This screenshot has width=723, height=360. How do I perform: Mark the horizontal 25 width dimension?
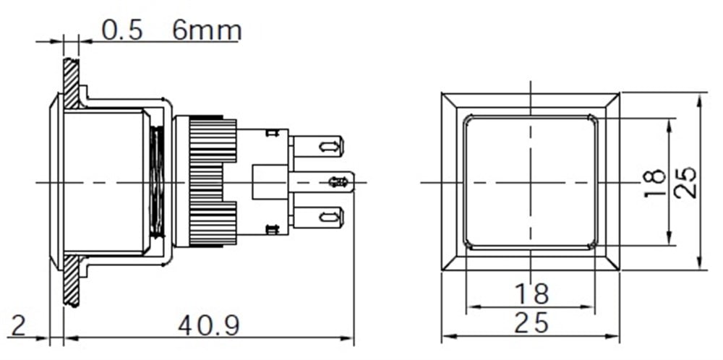pyautogui.click(x=531, y=323)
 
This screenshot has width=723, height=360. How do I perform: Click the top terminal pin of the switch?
pyautogui.click(x=318, y=147)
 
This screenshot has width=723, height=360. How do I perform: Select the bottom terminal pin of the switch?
pyautogui.click(x=318, y=216)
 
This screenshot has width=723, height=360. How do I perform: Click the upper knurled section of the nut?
pyautogui.click(x=213, y=140)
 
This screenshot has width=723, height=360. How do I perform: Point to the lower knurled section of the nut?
pyautogui.click(x=213, y=224)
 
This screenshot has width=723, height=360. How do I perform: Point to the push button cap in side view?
pyautogui.click(x=101, y=181)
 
